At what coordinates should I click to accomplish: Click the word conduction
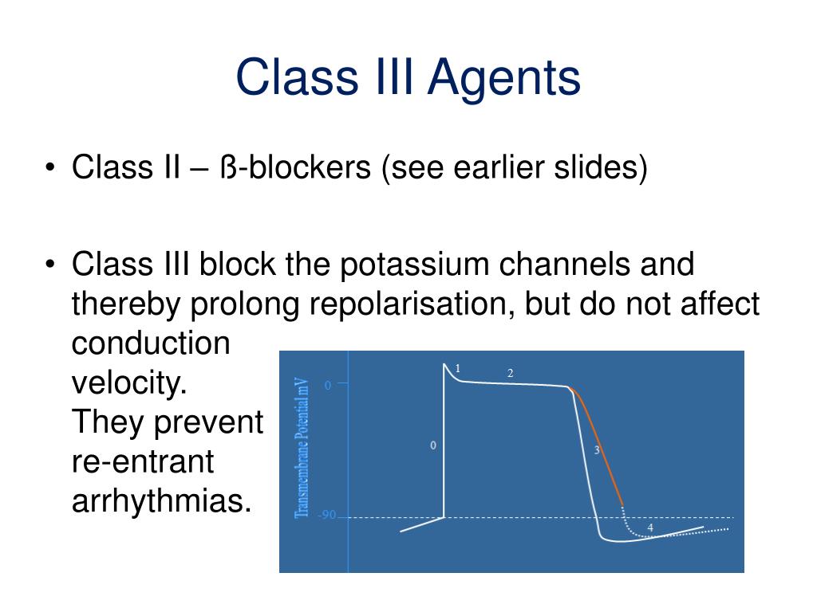pos(151,343)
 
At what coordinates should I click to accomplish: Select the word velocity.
pos(129,383)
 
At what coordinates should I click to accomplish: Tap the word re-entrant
pos(144,462)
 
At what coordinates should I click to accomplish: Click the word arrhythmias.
pos(156,502)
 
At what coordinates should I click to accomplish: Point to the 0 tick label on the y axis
pos(327,386)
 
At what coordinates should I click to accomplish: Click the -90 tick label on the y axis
pos(327,516)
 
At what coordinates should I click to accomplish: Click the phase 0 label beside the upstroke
pos(433,445)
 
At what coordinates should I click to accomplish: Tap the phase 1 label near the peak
pos(458,368)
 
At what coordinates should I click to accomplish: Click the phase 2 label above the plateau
pos(510,373)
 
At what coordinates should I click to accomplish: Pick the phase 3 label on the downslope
pos(597,450)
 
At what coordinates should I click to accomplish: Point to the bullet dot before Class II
pos(50,169)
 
